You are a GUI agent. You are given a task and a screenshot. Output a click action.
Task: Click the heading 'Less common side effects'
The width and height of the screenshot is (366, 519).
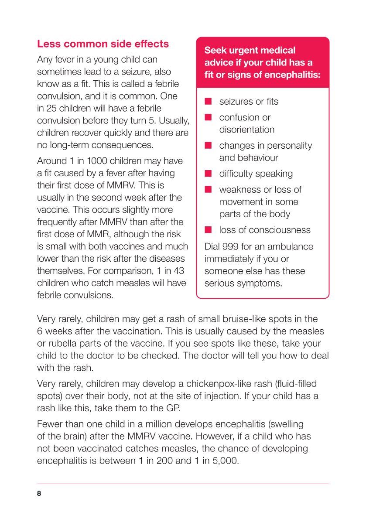[103, 44]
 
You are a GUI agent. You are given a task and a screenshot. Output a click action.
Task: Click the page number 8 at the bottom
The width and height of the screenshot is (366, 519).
[39, 493]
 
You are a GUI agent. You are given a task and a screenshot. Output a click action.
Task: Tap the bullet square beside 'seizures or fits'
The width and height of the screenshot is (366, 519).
[209, 102]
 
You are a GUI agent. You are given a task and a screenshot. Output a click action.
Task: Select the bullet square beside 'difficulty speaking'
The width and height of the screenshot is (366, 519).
[209, 174]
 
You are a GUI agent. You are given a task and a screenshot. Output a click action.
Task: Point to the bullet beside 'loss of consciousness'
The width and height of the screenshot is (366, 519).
[209, 230]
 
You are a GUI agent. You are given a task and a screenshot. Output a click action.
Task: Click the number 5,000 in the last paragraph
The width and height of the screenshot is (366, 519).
[224, 461]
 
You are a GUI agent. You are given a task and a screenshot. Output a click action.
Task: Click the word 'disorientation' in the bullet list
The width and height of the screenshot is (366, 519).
[247, 130]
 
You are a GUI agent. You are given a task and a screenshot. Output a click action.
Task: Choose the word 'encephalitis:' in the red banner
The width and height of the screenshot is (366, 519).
[289, 75]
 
